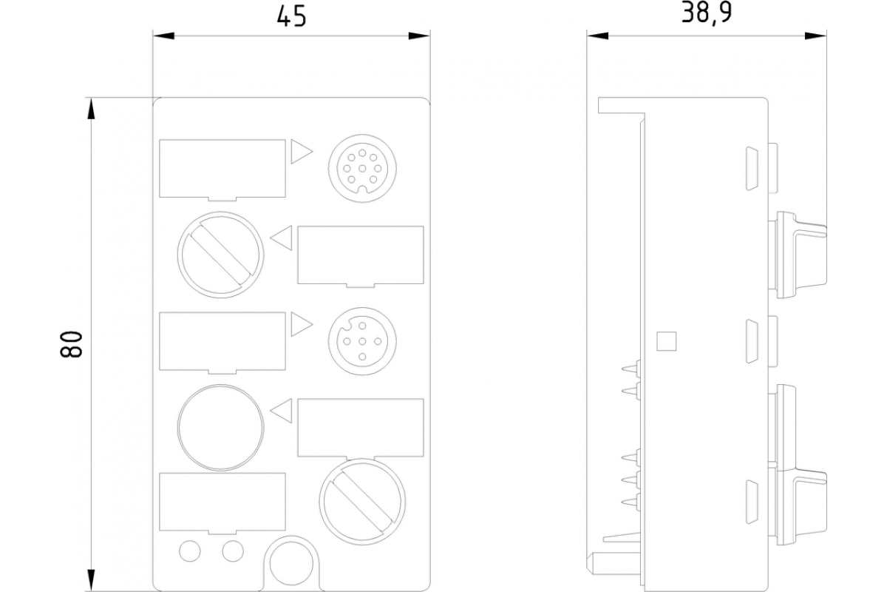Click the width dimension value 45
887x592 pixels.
click(x=290, y=16)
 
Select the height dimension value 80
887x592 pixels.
click(x=71, y=345)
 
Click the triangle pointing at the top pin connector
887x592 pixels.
click(x=301, y=151)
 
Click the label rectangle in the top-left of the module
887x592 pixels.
click(x=222, y=169)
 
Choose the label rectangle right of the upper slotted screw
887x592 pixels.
click(x=361, y=255)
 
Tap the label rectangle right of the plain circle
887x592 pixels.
click(x=361, y=427)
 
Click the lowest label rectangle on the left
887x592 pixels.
click(x=222, y=502)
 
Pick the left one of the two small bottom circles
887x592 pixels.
click(x=190, y=550)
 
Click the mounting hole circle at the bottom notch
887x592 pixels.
click(x=289, y=563)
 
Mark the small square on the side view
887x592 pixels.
click(x=667, y=341)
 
